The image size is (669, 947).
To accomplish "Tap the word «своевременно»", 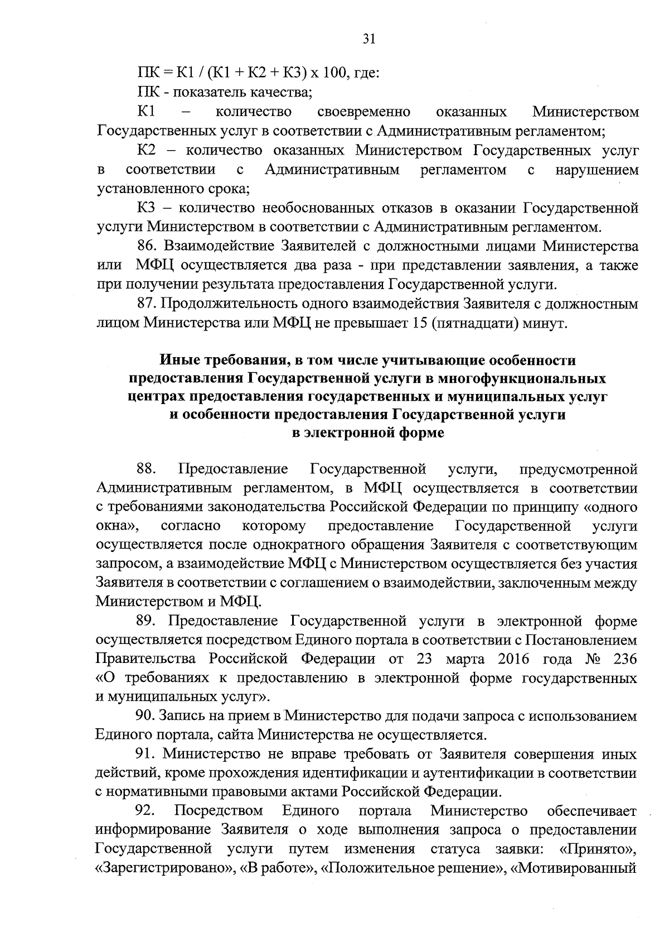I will [x=363, y=112].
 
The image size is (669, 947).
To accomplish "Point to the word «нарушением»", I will [x=597, y=170].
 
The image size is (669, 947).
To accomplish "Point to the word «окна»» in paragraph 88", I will [x=117, y=526].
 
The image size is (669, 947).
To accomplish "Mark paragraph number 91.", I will [x=147, y=754].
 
